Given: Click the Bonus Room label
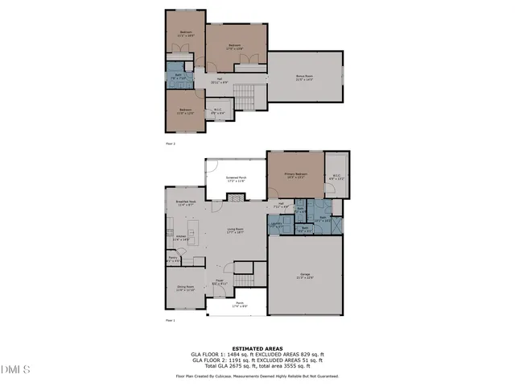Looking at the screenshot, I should coord(305,77).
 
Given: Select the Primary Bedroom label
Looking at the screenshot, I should coord(295,175).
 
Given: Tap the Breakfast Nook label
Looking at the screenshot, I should coord(186,203).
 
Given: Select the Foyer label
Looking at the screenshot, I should coord(219,282).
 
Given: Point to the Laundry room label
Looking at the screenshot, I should coord(276,227).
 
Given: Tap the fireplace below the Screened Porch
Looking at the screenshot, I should coord(235,198).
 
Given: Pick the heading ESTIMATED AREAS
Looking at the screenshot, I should coord(257,348).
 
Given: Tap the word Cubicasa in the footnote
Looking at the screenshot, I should coord(233,377).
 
